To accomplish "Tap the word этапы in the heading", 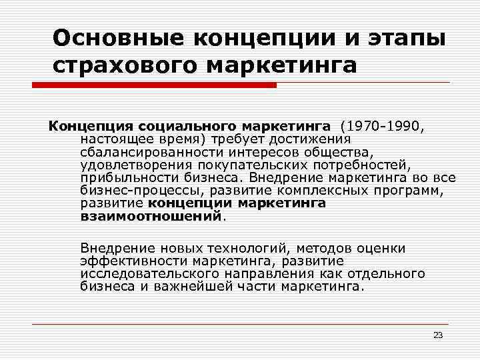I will pyautogui.click(x=406, y=37).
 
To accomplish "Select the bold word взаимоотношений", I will pyautogui.click(x=151, y=216).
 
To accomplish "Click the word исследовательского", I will pyautogui.click(x=143, y=274).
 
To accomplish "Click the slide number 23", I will pyautogui.click(x=438, y=335).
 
